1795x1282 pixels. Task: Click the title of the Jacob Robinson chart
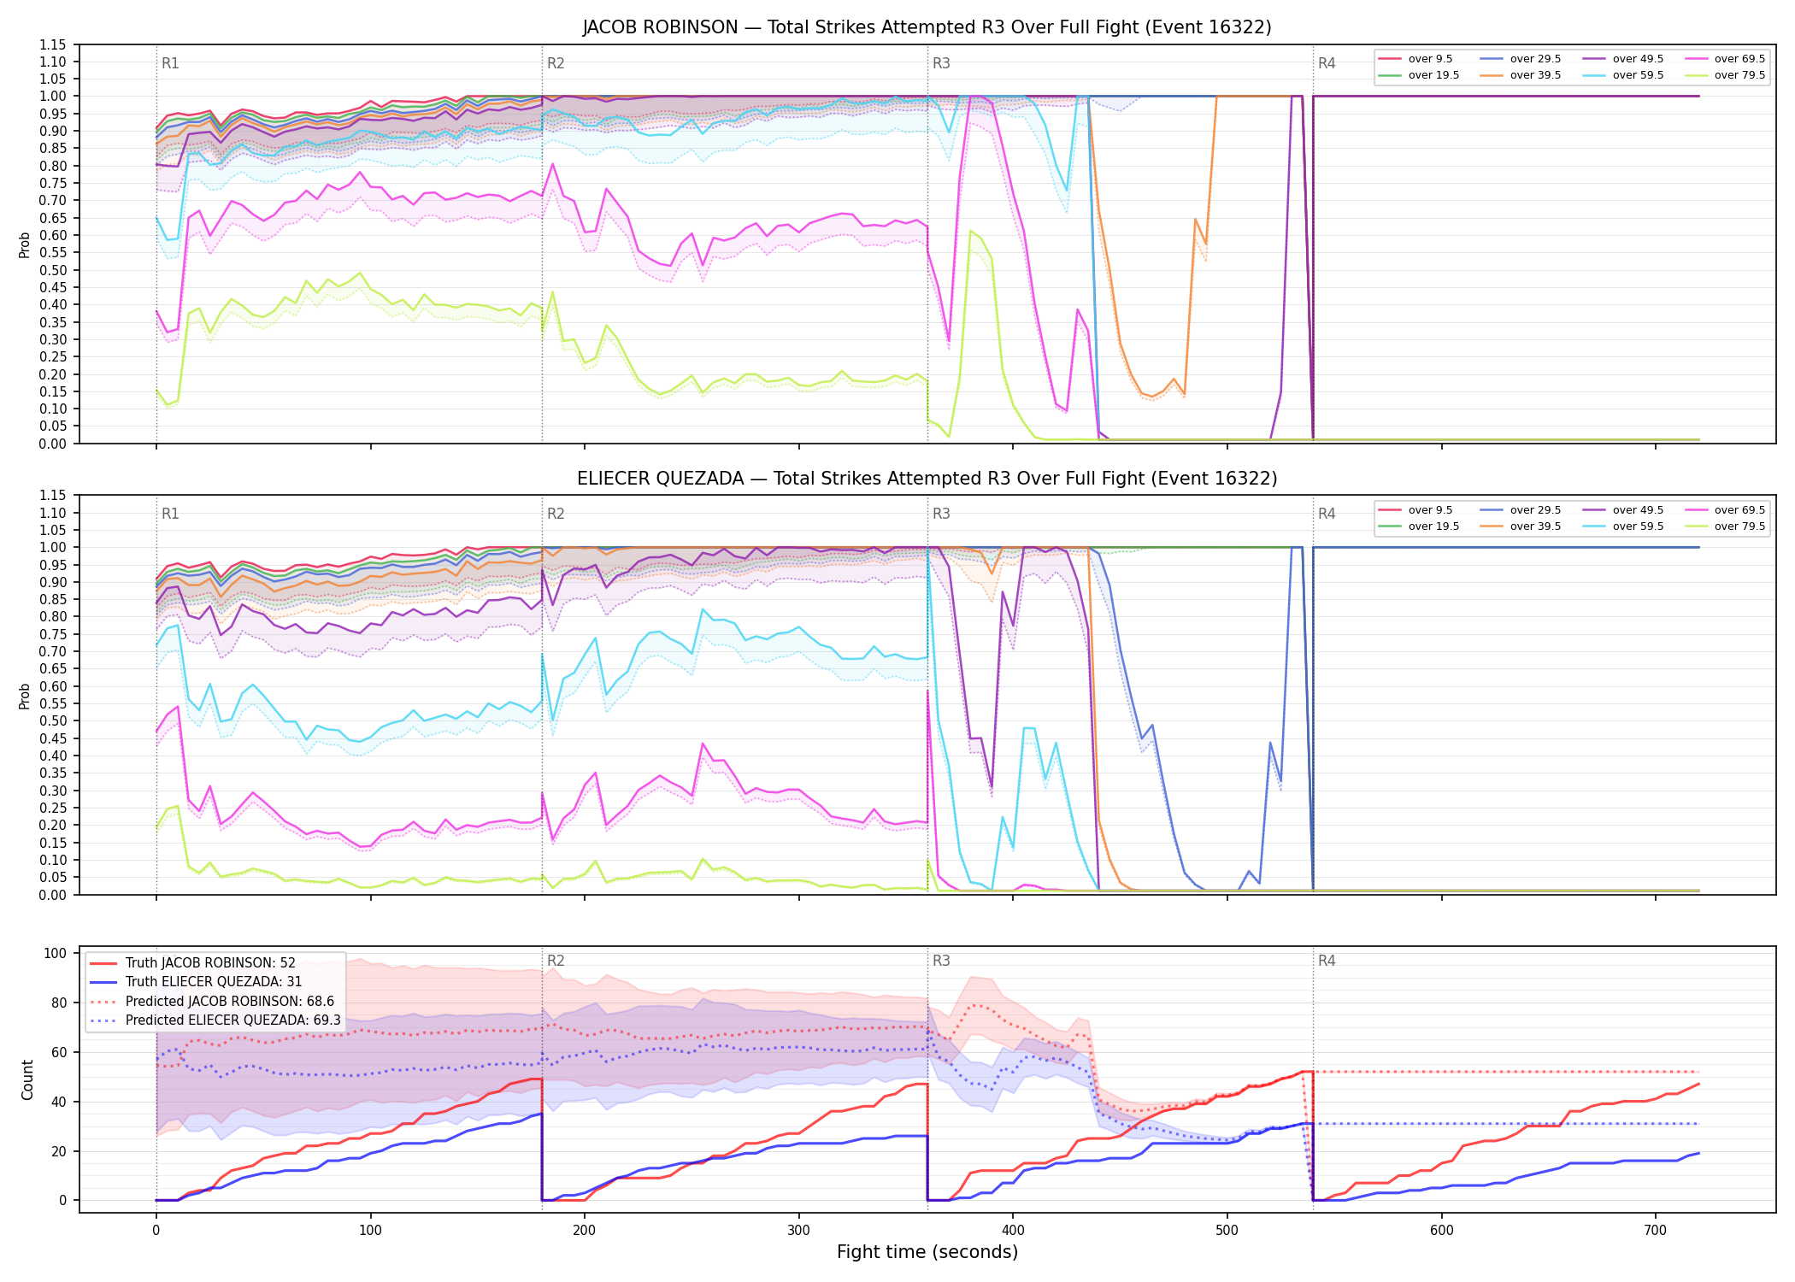(x=927, y=27)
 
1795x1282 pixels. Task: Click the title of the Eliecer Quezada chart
(x=927, y=479)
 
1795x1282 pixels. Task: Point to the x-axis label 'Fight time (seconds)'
(x=927, y=1252)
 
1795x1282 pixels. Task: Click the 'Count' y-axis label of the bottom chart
(x=27, y=1079)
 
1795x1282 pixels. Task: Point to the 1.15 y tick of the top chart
(x=53, y=44)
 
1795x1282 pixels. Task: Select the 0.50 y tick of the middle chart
(x=53, y=720)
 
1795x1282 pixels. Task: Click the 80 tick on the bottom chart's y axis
(x=60, y=1003)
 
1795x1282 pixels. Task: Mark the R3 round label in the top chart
(x=941, y=63)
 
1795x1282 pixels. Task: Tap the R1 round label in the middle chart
(x=170, y=514)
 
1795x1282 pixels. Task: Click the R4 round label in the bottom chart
(x=1327, y=961)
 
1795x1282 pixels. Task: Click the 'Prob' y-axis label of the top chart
(x=25, y=244)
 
